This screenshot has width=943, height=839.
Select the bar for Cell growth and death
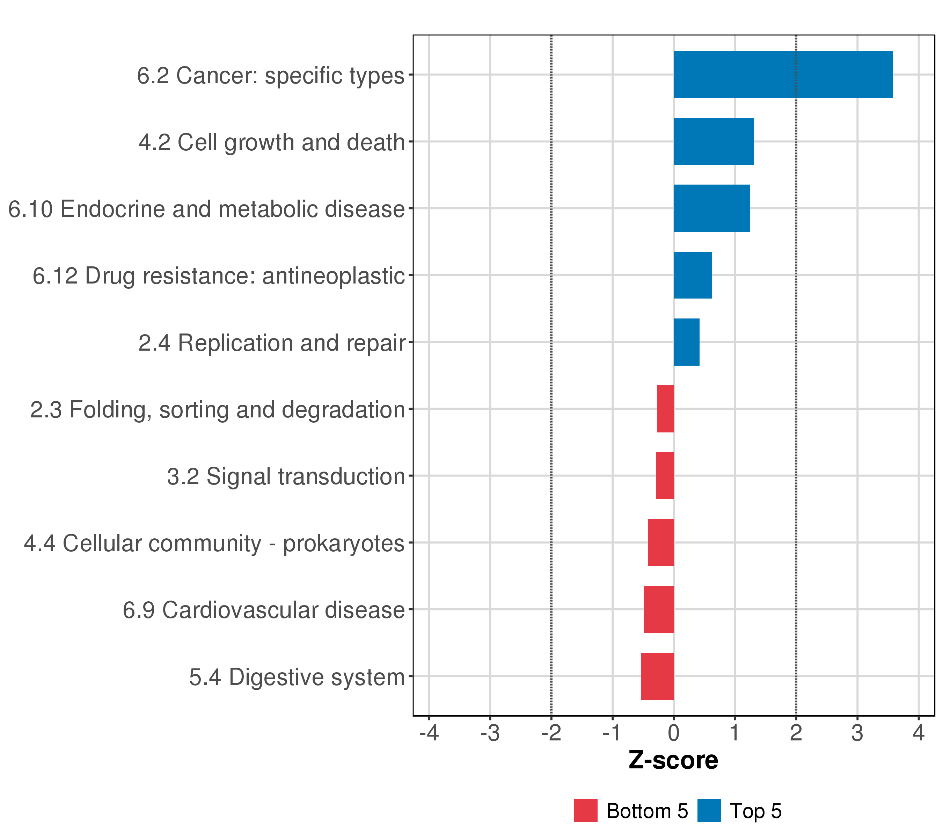tap(713, 141)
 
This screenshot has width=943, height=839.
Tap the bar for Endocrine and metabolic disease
tap(711, 208)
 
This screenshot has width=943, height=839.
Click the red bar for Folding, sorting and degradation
tap(665, 409)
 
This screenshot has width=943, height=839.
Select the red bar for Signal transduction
tap(665, 475)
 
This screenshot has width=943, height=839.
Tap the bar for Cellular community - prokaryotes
tap(661, 543)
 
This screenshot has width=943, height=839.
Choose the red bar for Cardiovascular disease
tap(658, 610)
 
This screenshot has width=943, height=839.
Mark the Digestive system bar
tap(657, 676)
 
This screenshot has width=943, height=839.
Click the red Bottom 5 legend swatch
tap(585, 811)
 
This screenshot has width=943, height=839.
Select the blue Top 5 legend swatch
tap(709, 811)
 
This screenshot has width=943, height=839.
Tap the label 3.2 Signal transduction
tap(286, 476)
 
